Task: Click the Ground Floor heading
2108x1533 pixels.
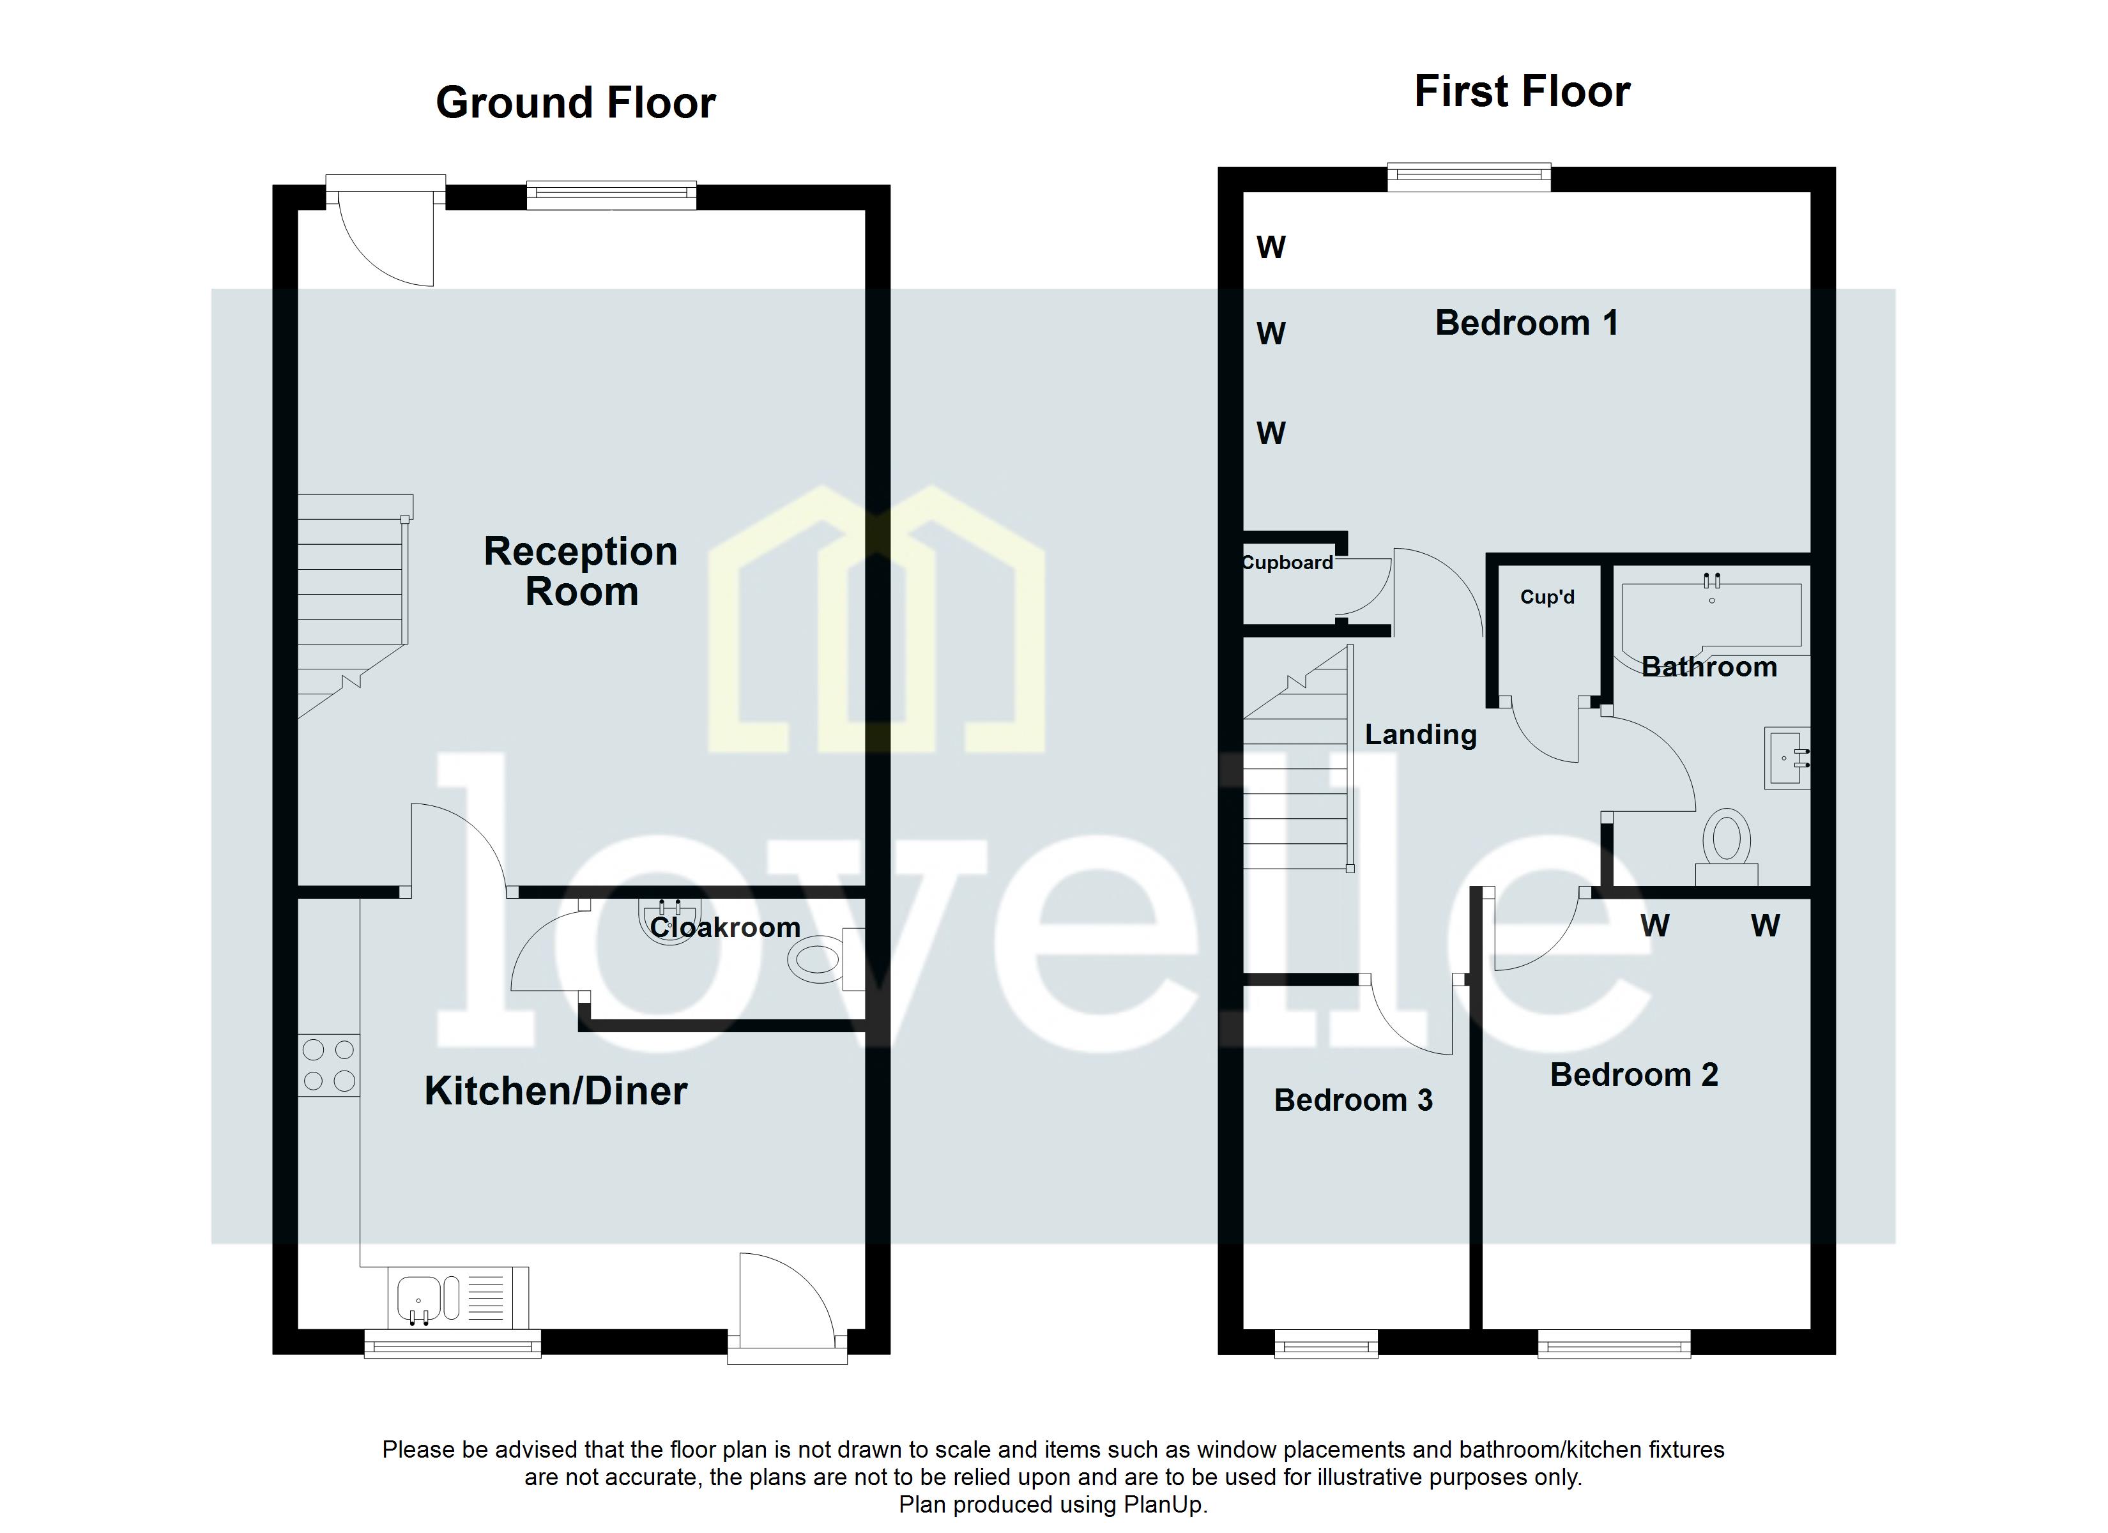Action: coord(576,102)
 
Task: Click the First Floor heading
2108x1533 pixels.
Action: coord(1522,92)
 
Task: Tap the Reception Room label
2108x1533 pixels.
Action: coord(581,571)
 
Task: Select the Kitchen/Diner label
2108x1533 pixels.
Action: coord(556,1090)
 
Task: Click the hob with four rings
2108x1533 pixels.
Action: coord(329,1065)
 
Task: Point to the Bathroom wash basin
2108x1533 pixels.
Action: coord(1785,758)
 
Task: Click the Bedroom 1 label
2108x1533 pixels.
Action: coord(1526,323)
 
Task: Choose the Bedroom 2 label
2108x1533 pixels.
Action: coord(1633,1074)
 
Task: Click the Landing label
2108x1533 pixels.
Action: coord(1420,735)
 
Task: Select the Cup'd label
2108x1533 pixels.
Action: coord(1547,597)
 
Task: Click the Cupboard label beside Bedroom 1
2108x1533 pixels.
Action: coord(1287,563)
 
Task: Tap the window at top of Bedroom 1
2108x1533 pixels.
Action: coord(1469,177)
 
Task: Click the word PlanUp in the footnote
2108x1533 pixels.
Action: coord(1163,1505)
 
